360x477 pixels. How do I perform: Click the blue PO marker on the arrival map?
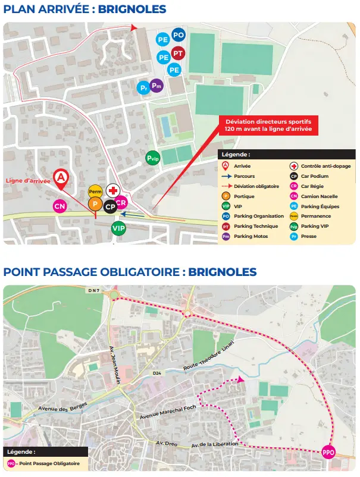(178, 35)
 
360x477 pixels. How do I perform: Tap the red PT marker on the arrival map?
(177, 54)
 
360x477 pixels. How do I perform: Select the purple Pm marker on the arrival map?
(156, 86)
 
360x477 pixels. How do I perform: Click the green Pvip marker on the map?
(153, 158)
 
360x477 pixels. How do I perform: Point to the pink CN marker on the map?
(60, 206)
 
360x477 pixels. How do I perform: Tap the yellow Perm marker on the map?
(95, 192)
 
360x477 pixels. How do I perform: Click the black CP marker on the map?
(110, 206)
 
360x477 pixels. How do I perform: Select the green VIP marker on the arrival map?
(119, 227)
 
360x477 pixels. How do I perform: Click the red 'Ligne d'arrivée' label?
(28, 180)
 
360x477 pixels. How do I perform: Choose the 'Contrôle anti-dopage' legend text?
(326, 166)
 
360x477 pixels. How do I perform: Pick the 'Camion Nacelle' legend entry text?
(319, 196)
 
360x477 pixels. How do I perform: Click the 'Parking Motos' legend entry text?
(251, 236)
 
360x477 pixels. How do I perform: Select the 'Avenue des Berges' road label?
(62, 407)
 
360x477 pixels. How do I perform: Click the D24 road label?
(156, 373)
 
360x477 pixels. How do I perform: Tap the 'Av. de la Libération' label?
(215, 444)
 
